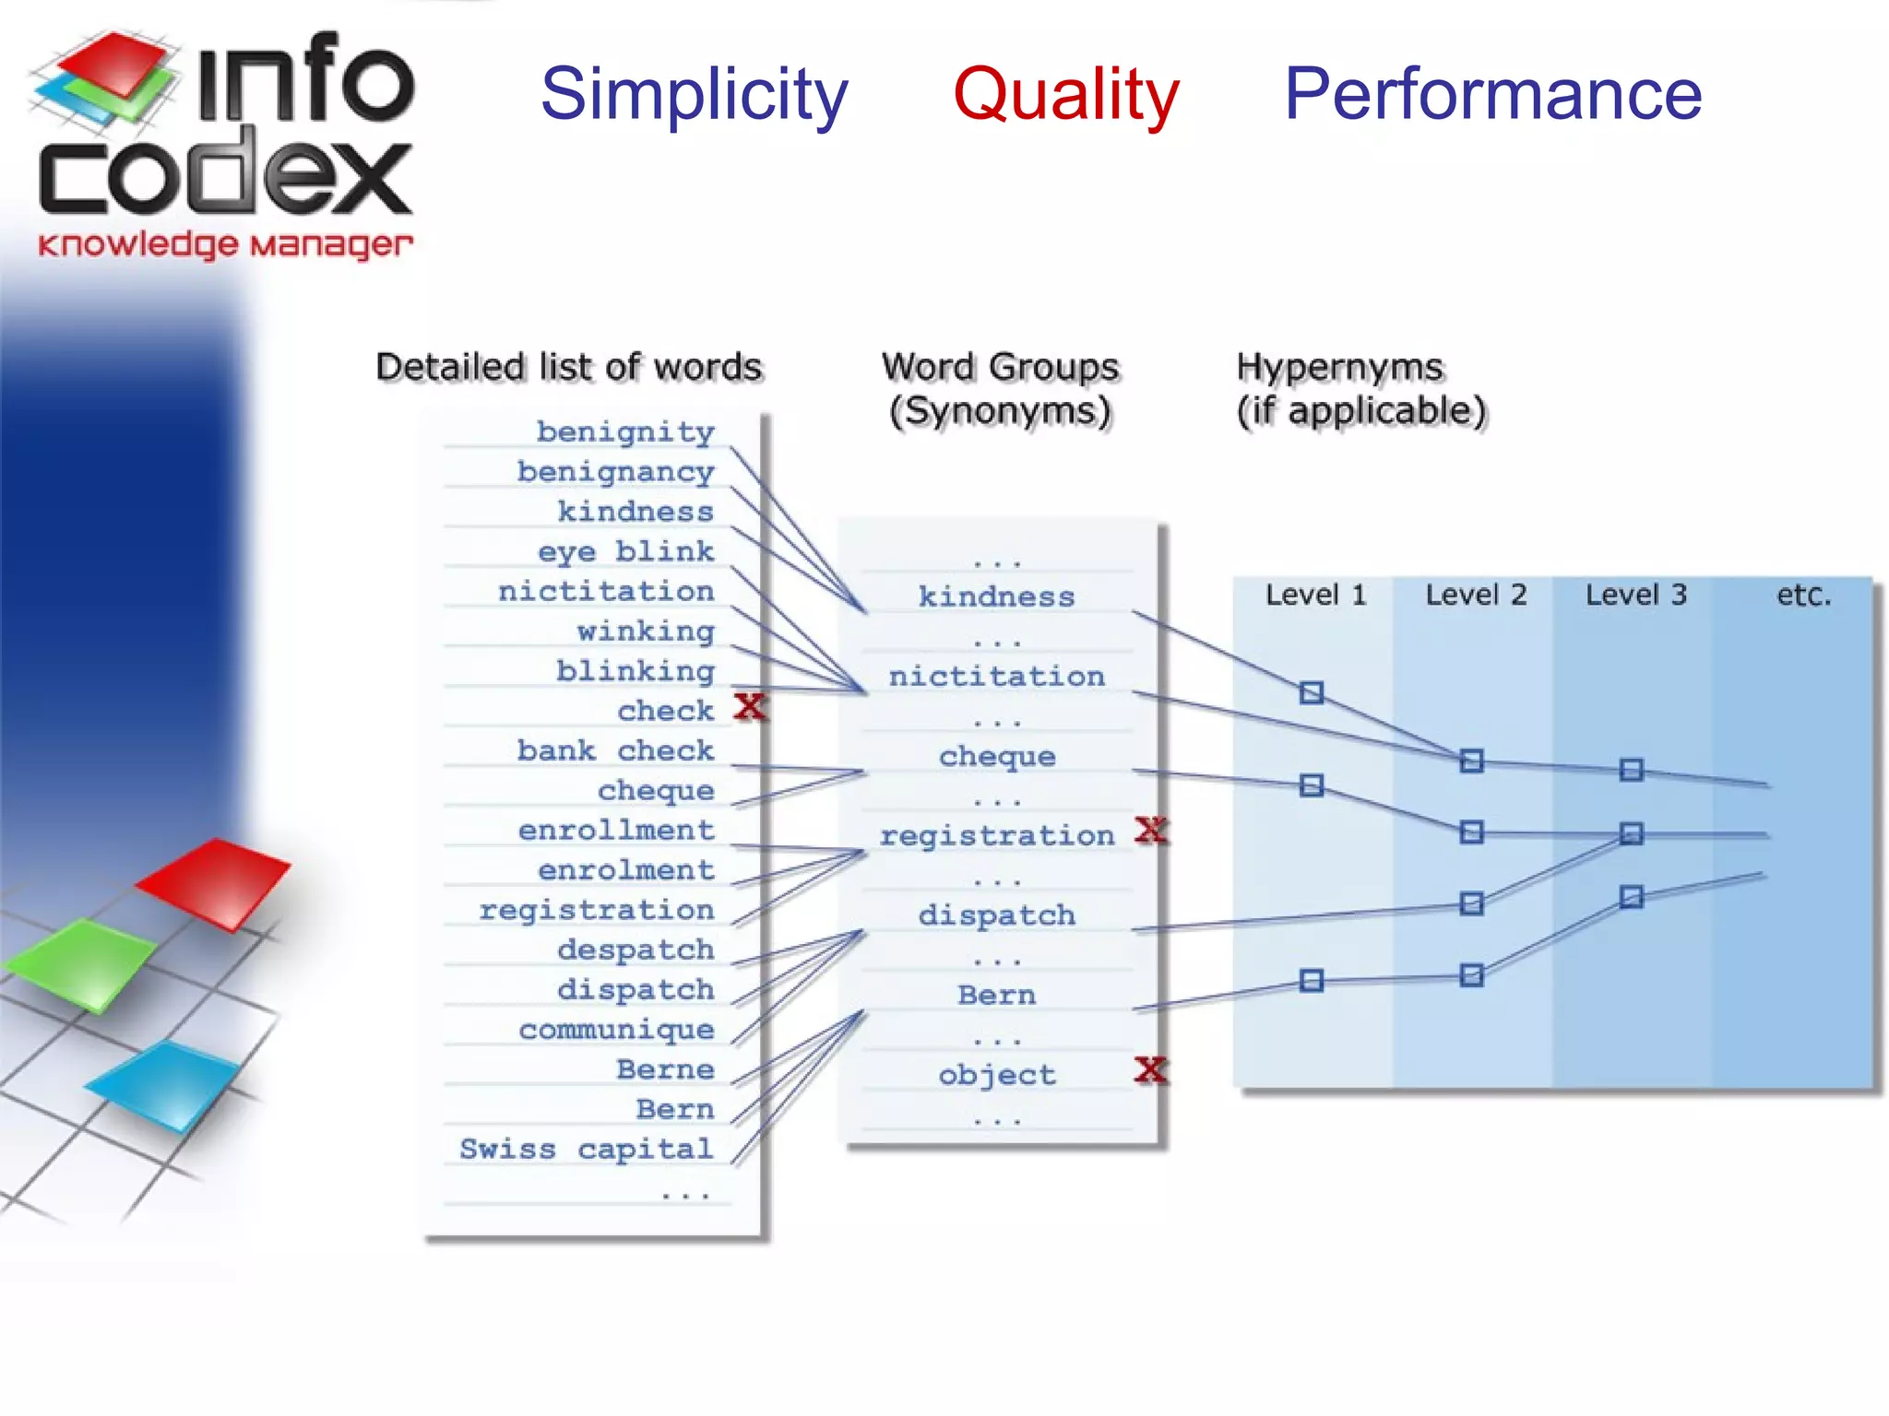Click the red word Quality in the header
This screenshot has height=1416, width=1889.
point(1065,95)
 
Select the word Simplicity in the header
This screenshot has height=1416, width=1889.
point(694,95)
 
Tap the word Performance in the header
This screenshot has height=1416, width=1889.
point(1492,95)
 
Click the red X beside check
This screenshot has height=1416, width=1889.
point(750,707)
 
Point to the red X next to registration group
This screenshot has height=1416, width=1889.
point(1151,831)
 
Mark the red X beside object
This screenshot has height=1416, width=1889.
point(1151,1069)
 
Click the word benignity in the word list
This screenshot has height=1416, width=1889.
point(625,431)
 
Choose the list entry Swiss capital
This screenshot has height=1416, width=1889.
point(587,1149)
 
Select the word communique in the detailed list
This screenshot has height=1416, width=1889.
point(616,1029)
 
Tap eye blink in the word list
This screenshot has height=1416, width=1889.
point(625,551)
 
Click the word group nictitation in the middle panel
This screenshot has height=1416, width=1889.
point(996,676)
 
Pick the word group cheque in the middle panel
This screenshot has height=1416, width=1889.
point(996,757)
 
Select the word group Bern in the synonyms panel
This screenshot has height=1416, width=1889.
point(996,995)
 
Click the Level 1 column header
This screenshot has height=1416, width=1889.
point(1315,595)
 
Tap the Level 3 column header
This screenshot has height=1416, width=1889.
point(1635,595)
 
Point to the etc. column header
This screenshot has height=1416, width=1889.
point(1803,596)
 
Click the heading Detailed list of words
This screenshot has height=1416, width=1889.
point(569,367)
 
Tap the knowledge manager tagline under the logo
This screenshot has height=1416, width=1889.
point(225,245)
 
